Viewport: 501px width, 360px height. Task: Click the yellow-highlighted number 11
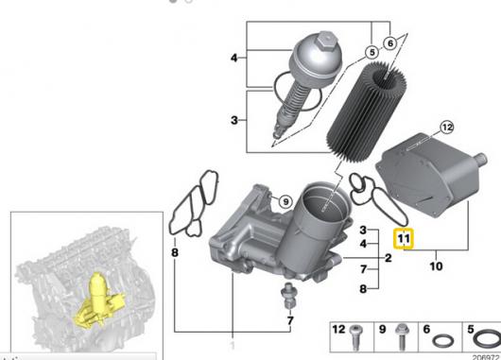(404, 239)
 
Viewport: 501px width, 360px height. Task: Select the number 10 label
(436, 266)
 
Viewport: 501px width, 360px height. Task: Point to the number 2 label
(389, 257)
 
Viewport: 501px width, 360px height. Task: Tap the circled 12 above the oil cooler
(447, 128)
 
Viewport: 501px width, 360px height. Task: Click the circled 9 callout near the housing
(285, 201)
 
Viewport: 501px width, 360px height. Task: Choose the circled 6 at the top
(389, 43)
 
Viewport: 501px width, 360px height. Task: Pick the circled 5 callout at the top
(371, 52)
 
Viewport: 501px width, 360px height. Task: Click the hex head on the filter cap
(325, 39)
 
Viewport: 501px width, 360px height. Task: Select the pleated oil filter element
(367, 112)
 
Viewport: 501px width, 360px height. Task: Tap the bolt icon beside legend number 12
(355, 337)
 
